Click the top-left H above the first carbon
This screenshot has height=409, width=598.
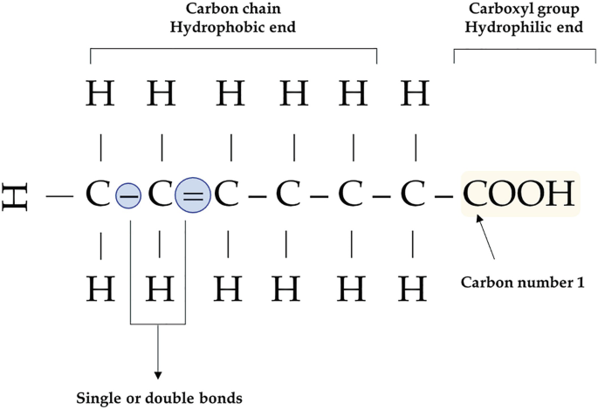[x=101, y=92]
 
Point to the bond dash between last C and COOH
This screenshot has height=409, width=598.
[x=445, y=194]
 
